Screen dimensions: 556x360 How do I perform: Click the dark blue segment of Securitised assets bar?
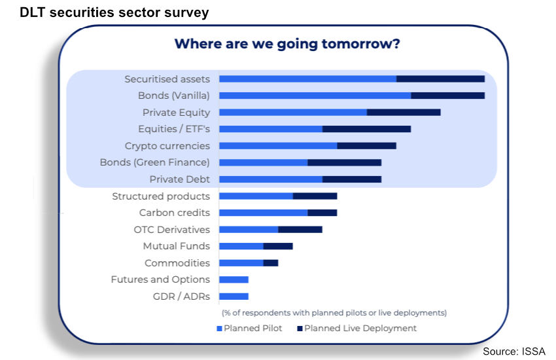[440, 79]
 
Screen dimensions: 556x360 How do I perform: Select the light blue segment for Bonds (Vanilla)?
[315, 96]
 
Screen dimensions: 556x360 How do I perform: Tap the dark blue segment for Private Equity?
[404, 113]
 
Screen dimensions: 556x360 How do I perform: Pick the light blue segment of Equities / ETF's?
[271, 129]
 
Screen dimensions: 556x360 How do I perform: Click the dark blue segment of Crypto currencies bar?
[367, 146]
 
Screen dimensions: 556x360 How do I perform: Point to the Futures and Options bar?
[234, 279]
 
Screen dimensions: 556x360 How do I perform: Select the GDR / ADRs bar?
[234, 296]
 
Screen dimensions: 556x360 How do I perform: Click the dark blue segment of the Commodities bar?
[271, 263]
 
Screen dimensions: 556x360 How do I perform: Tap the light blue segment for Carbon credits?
[264, 213]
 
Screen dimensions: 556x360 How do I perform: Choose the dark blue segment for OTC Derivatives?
[300, 230]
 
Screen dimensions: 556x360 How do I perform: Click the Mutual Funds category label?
[176, 246]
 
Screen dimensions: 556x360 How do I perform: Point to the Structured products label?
[161, 196]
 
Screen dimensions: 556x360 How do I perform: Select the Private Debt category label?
[179, 179]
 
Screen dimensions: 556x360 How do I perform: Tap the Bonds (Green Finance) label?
[154, 162]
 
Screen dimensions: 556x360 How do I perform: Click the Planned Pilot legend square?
[220, 329]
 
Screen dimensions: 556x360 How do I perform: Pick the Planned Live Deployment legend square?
[300, 329]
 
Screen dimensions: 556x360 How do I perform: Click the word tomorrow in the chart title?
[360, 44]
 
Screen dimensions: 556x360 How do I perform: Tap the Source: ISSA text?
[513, 351]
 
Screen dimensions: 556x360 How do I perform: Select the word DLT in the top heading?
[33, 12]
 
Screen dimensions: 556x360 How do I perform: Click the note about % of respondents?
[334, 313]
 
